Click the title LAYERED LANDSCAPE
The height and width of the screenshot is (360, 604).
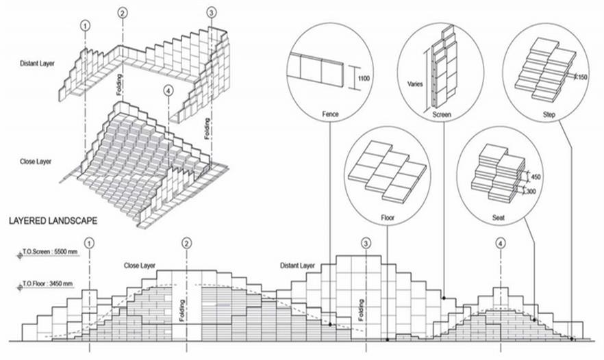[x=53, y=220]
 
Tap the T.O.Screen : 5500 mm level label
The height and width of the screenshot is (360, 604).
[x=50, y=252]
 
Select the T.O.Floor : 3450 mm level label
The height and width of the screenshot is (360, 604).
[x=47, y=284]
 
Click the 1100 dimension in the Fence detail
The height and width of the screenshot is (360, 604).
[x=363, y=79]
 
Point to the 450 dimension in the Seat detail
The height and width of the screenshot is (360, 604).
[x=536, y=177]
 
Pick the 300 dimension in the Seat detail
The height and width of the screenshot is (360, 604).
[x=531, y=192]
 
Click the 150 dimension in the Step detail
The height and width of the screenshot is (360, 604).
[x=582, y=77]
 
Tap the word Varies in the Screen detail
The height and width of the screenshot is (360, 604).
[x=415, y=84]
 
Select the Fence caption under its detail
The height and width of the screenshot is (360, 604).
[x=330, y=114]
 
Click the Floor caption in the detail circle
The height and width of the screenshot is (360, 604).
[x=388, y=218]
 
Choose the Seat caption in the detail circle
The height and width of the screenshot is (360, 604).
[x=498, y=218]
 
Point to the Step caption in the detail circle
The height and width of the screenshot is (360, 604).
[x=549, y=114]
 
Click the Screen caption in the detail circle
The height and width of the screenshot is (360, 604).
[x=442, y=114]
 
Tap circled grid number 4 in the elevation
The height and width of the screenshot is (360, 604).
[x=501, y=244]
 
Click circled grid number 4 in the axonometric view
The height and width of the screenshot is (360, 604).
[x=168, y=91]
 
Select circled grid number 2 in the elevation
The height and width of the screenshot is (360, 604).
[x=186, y=244]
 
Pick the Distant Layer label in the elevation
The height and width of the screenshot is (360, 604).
[x=297, y=266]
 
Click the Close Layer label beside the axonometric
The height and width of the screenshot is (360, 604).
[x=36, y=162]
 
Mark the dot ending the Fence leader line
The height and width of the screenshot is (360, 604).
[x=330, y=324]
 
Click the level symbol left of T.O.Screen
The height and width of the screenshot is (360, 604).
[x=20, y=255]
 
